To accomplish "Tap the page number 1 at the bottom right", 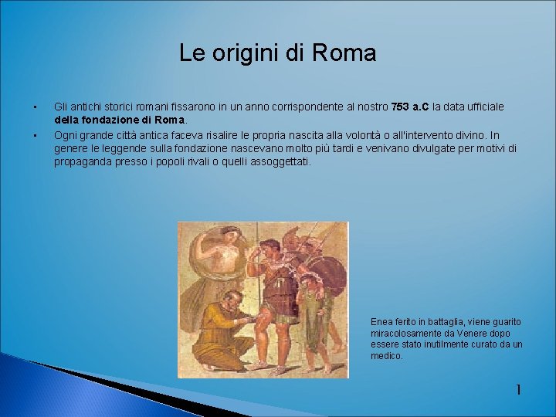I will pyautogui.click(x=518, y=390).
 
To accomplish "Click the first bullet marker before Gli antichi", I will pyautogui.click(x=35, y=106).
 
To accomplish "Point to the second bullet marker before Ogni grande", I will pyautogui.click(x=35, y=134).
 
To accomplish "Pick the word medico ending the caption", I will pyautogui.click(x=386, y=356).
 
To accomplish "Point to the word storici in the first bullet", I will pyautogui.click(x=114, y=106).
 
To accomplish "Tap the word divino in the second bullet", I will pyautogui.click(x=465, y=134).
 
